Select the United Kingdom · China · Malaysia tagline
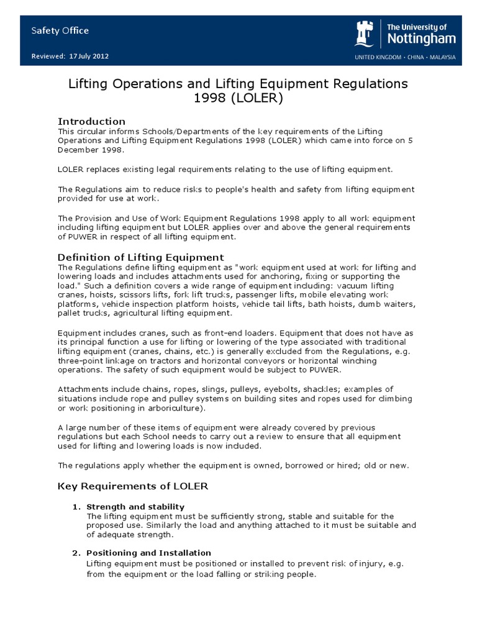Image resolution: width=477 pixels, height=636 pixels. (405, 57)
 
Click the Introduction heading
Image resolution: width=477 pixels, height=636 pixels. (91, 121)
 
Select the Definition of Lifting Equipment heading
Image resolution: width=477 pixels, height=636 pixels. (141, 257)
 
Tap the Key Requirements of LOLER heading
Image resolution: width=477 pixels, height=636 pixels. (133, 485)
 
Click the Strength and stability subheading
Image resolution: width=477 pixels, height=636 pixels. (135, 507)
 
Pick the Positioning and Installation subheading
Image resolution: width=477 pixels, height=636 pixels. (148, 553)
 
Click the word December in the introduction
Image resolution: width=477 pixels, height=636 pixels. (79, 150)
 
